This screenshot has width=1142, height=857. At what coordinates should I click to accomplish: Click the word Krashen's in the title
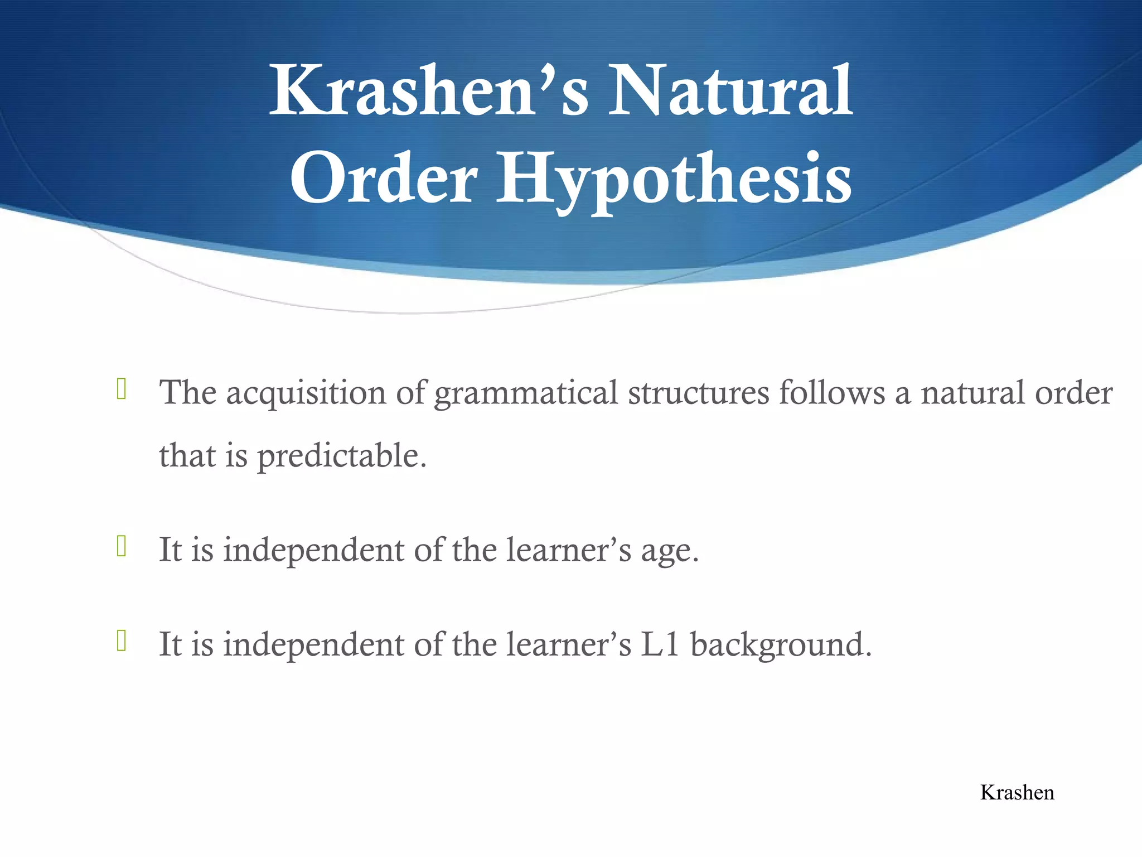(428, 92)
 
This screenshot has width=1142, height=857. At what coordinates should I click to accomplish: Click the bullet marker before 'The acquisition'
(122, 389)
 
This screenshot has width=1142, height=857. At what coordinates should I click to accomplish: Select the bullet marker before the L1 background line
(122, 640)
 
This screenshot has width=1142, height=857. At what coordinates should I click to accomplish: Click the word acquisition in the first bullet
(306, 393)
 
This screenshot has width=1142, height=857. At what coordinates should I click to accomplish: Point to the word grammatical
(526, 393)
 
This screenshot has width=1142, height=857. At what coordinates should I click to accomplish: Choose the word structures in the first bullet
(699, 393)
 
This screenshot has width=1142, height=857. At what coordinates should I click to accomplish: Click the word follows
(832, 393)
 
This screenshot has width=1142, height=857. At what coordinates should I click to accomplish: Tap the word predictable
(341, 456)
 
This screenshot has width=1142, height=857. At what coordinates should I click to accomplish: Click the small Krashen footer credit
(1017, 793)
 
